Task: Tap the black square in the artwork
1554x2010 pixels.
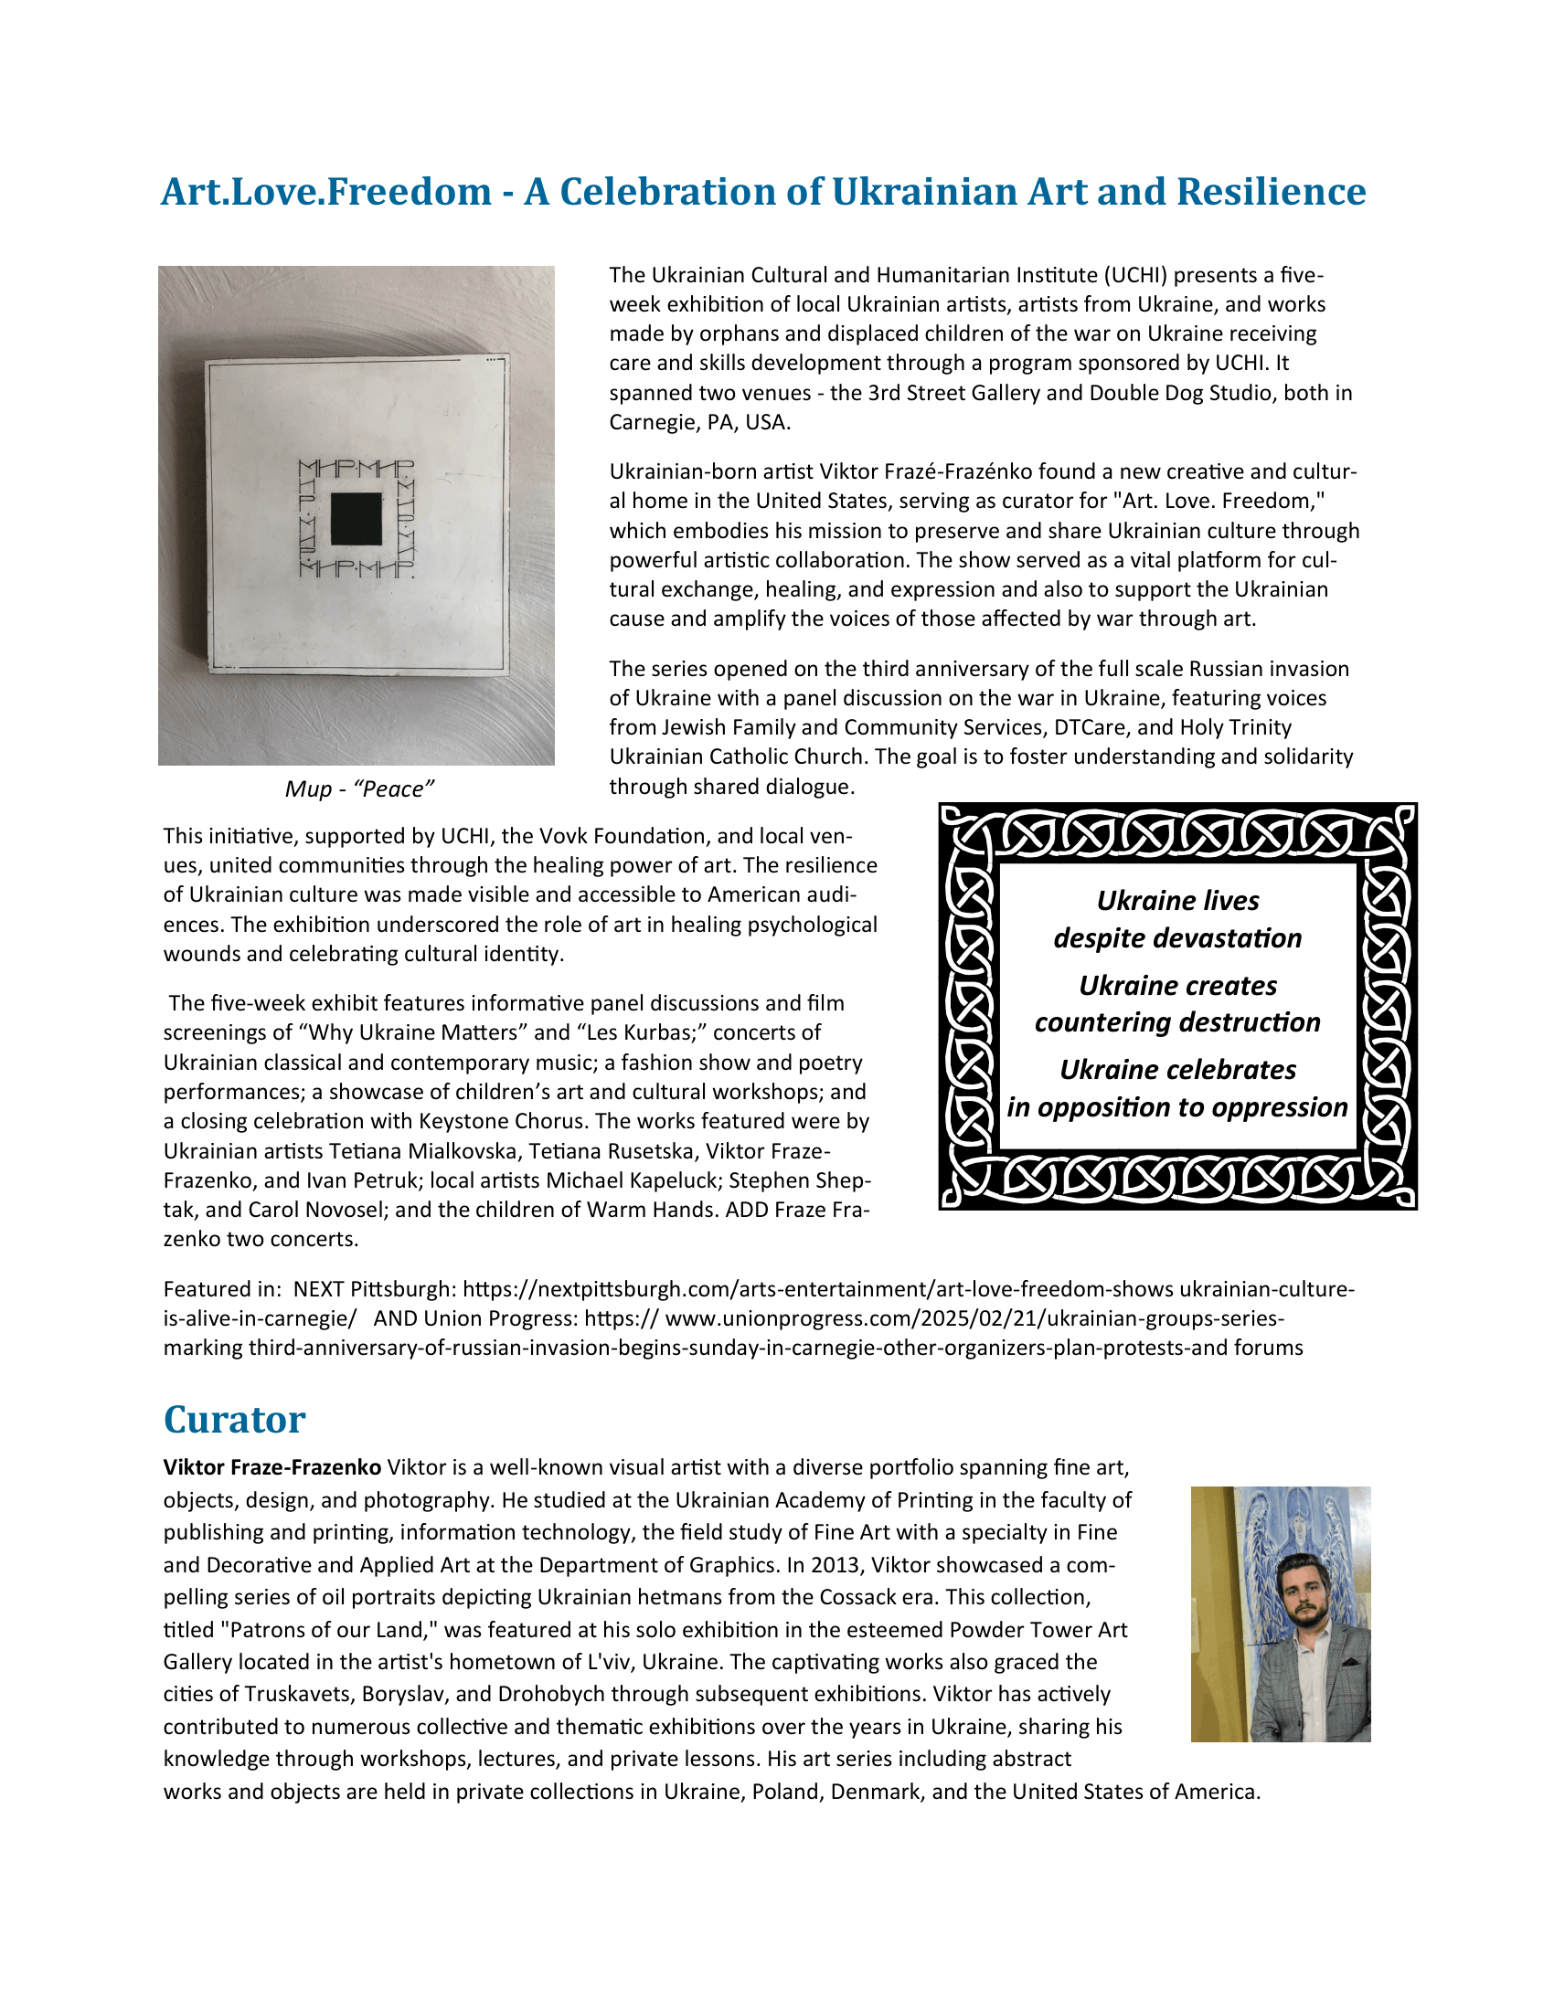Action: tap(356, 519)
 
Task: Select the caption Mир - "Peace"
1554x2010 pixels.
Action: tap(359, 788)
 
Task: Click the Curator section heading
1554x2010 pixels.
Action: tap(234, 1419)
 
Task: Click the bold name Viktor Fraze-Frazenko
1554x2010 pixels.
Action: tap(271, 1467)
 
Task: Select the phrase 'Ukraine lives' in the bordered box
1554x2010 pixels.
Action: tap(1177, 900)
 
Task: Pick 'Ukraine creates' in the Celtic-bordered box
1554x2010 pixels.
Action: tap(1177, 985)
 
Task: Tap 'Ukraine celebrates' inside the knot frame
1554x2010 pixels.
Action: tap(1177, 1070)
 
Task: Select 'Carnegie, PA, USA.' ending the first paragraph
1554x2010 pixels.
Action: tap(699, 422)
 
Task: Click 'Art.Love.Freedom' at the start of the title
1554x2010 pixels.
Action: tap(326, 192)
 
